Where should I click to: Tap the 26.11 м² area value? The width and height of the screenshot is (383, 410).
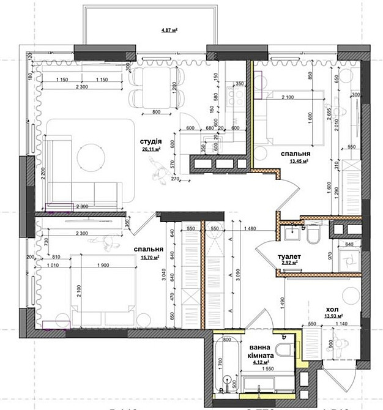[x=150, y=148]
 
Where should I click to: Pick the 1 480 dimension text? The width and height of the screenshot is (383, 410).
[x=249, y=229]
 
